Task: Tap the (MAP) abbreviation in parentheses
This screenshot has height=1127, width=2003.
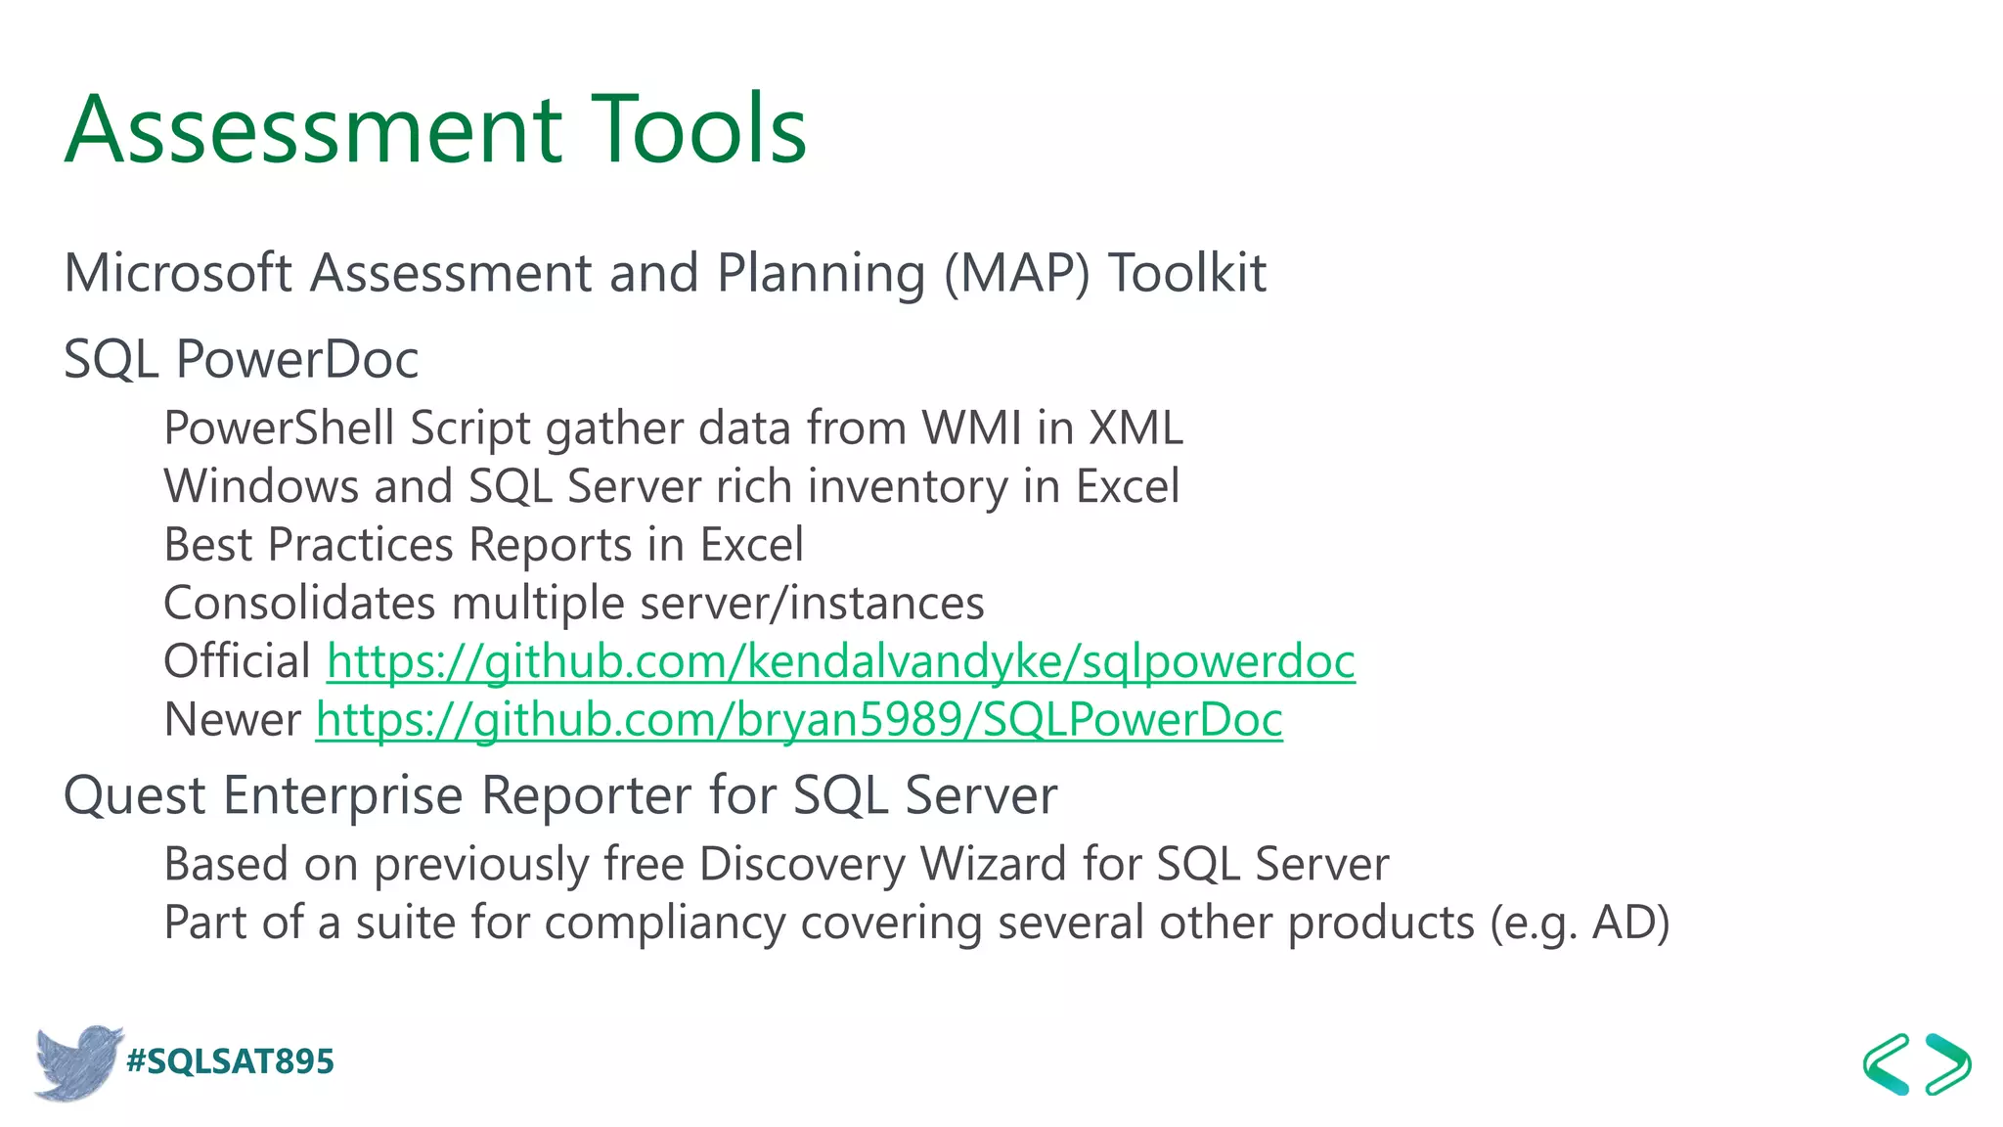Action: pyautogui.click(x=1016, y=273)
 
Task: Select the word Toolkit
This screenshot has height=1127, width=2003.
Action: pyautogui.click(x=1187, y=273)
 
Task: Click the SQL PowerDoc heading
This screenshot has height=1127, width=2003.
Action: pyautogui.click(x=241, y=359)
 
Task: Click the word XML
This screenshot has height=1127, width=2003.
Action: pyautogui.click(x=1135, y=428)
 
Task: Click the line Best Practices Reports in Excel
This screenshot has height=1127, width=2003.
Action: pyautogui.click(x=483, y=545)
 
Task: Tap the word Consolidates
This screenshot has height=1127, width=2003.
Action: pyautogui.click(x=299, y=603)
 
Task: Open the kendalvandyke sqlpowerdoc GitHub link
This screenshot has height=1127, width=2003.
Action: pyautogui.click(x=840, y=661)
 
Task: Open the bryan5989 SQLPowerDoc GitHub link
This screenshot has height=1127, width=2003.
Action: pyautogui.click(x=798, y=720)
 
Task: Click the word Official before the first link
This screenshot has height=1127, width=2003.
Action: pyautogui.click(x=237, y=661)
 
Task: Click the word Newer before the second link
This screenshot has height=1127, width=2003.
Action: pyautogui.click(x=232, y=720)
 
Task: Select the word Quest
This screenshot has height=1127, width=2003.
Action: pyautogui.click(x=134, y=795)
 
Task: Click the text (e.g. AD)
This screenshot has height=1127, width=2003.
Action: pyautogui.click(x=1580, y=923)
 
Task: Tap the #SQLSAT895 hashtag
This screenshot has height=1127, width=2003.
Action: pyautogui.click(x=231, y=1061)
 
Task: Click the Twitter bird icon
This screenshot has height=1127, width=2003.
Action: pyautogui.click(x=76, y=1062)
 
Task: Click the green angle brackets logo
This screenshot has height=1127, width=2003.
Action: pyautogui.click(x=1916, y=1063)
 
